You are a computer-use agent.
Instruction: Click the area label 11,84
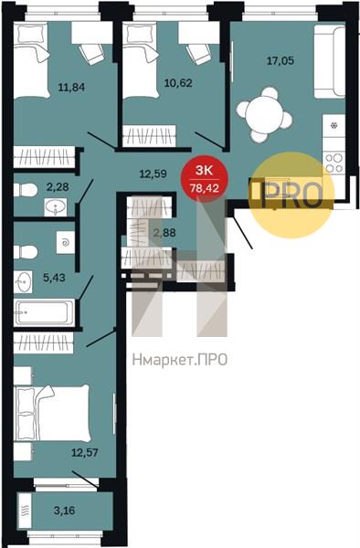(x=71, y=87)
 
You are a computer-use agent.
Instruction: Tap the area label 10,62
(x=178, y=83)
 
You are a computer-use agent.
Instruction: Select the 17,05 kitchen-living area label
(x=281, y=61)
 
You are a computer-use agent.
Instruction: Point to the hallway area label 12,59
(x=154, y=174)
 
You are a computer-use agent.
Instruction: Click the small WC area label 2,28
(x=58, y=187)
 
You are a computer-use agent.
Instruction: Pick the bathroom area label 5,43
(x=54, y=278)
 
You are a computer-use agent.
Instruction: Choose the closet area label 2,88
(x=164, y=232)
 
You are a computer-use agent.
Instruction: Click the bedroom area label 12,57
(x=85, y=453)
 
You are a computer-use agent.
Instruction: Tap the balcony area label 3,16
(x=64, y=511)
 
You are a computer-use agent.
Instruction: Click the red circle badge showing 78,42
(x=205, y=179)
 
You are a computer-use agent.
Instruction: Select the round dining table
(x=264, y=115)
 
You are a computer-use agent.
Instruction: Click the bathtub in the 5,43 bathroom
(x=44, y=312)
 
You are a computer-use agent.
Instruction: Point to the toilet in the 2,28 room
(x=26, y=190)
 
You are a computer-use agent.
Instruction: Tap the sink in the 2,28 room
(x=56, y=206)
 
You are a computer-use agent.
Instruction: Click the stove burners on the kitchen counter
(x=334, y=163)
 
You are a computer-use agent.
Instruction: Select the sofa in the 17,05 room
(x=330, y=61)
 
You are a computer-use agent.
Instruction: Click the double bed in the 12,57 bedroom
(x=51, y=414)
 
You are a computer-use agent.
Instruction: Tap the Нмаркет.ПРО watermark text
(x=180, y=360)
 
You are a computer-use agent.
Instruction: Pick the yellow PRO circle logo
(x=291, y=195)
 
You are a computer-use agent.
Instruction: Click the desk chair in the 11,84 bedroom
(x=91, y=54)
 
